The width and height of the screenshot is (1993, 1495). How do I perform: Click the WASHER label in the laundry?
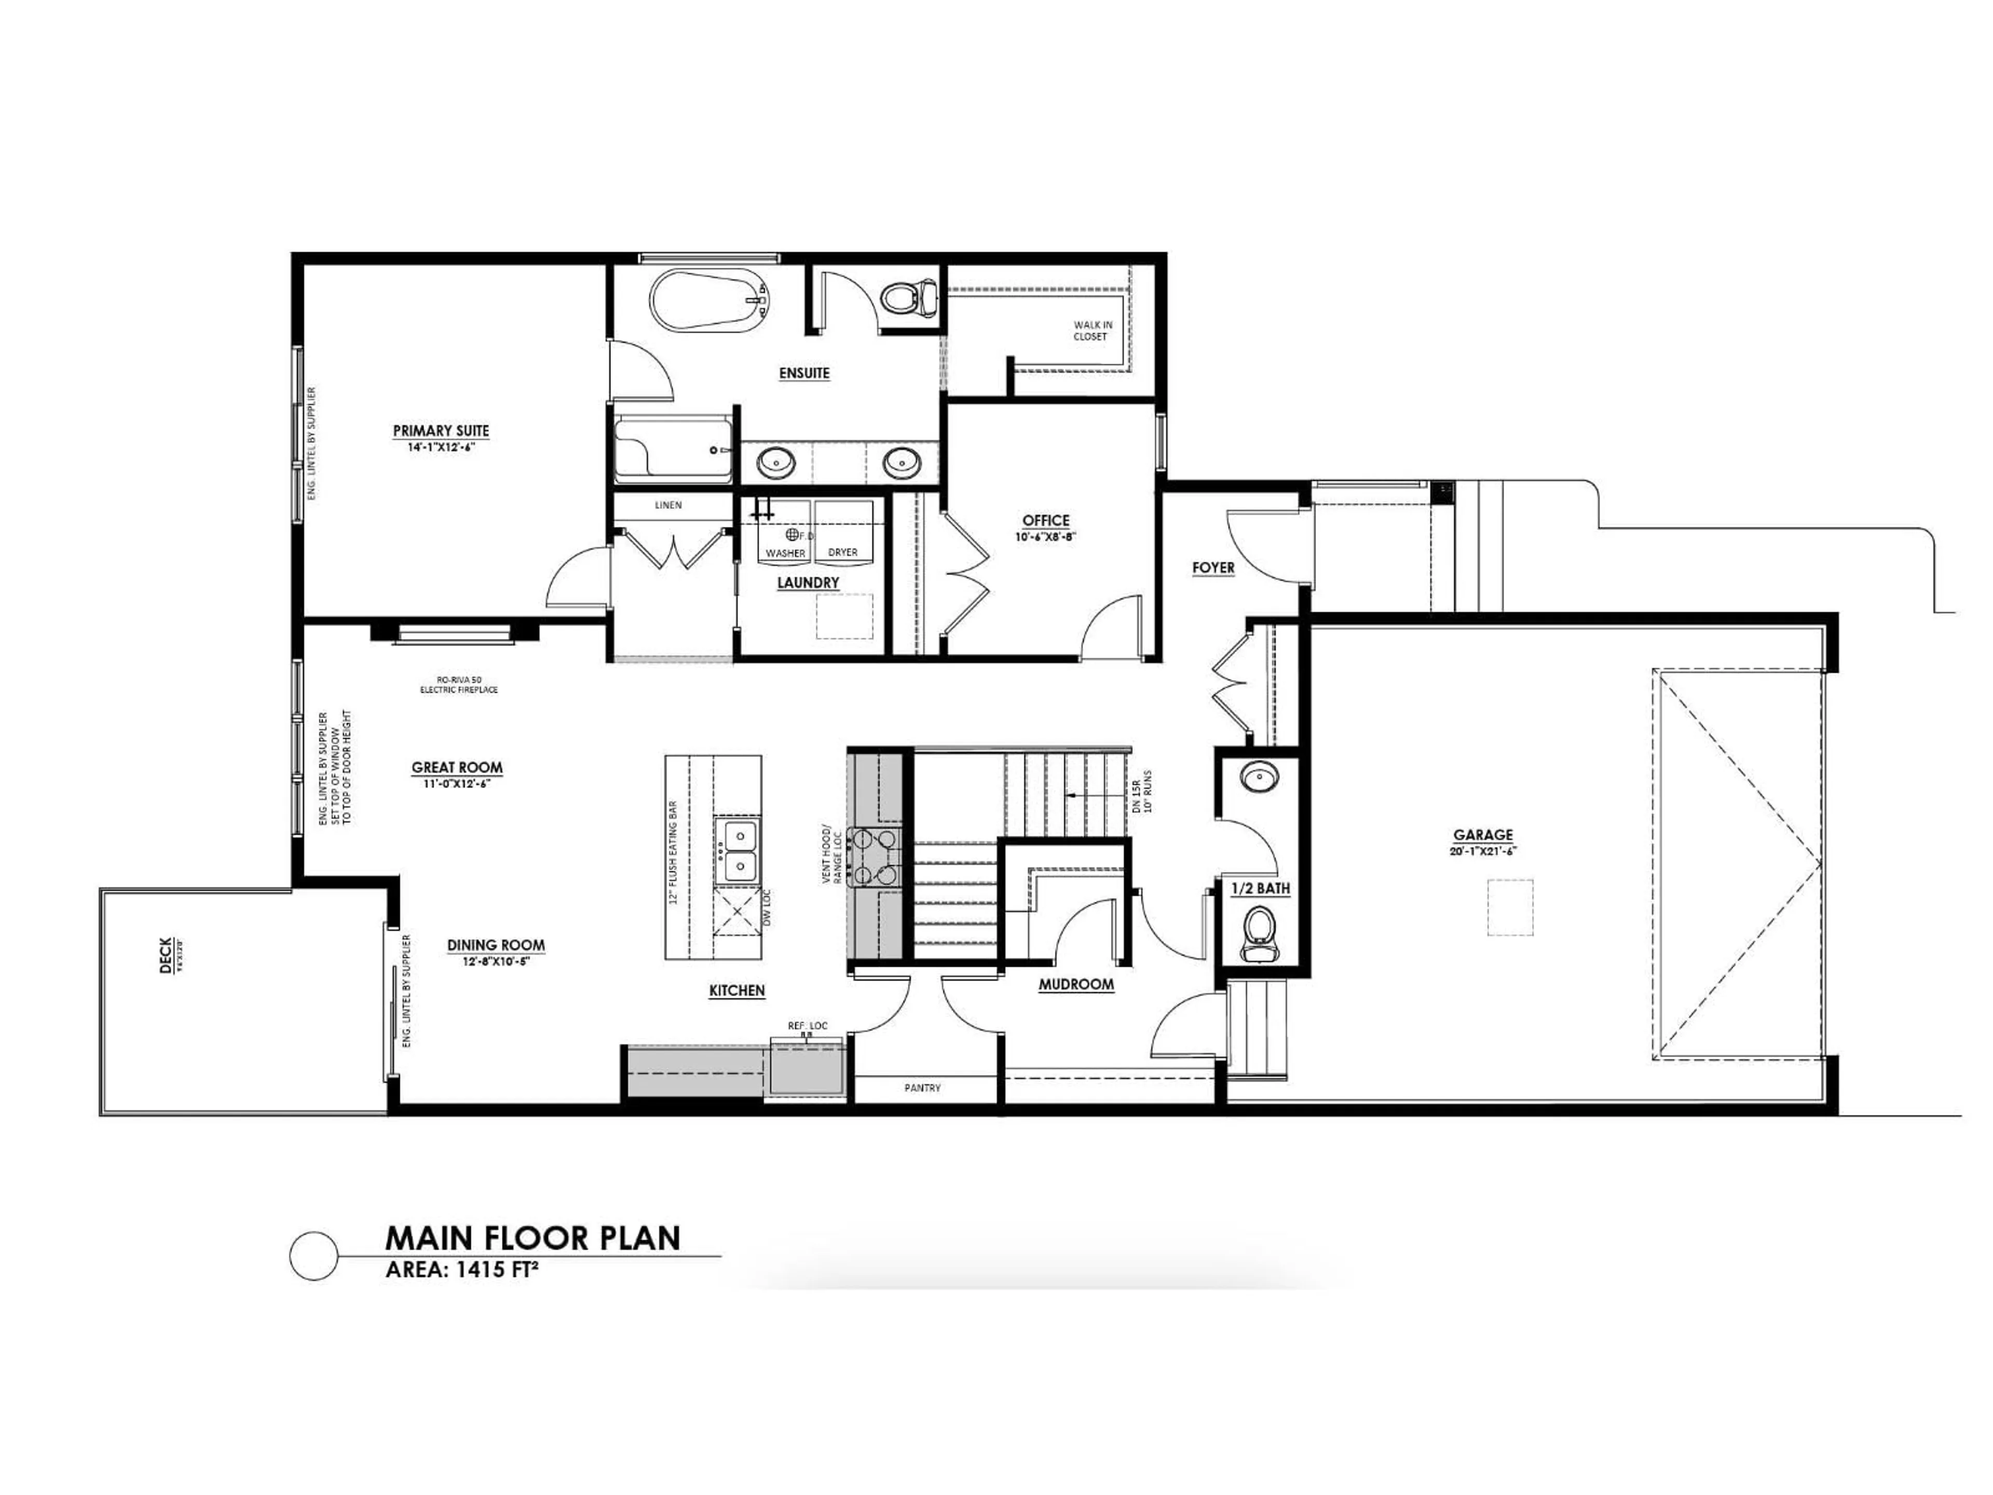[785, 552]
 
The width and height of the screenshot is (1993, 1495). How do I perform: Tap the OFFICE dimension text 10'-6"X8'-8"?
[1045, 536]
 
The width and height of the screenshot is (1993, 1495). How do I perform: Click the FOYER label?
[1213, 568]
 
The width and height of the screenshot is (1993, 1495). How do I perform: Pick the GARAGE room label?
[1482, 835]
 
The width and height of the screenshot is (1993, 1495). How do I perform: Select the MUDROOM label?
[1076, 985]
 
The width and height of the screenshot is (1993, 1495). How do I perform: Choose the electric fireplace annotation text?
[459, 685]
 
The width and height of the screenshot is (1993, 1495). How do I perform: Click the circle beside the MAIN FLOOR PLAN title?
[313, 1255]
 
